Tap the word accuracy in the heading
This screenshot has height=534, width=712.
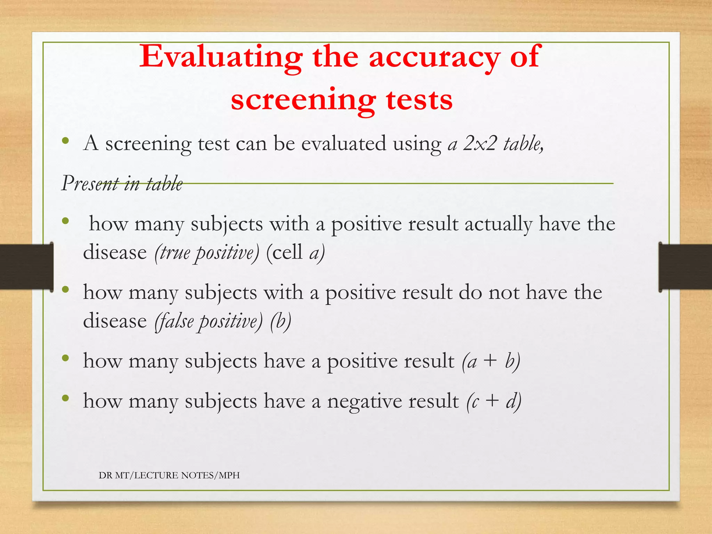pyautogui.click(x=435, y=57)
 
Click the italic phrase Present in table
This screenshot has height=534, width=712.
pyautogui.click(x=122, y=184)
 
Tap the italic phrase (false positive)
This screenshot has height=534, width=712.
pyautogui.click(x=209, y=321)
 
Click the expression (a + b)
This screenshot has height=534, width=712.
pyautogui.click(x=491, y=361)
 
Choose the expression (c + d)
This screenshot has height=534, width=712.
pyautogui.click(x=494, y=402)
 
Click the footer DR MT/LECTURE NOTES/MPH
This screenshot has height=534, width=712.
pyautogui.click(x=169, y=475)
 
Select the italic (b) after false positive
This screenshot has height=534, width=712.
pyautogui.click(x=281, y=321)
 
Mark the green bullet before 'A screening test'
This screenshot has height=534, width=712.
pyautogui.click(x=65, y=141)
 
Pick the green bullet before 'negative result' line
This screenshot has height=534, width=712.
pyautogui.click(x=65, y=399)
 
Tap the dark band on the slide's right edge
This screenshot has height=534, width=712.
pyautogui.click(x=685, y=267)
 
